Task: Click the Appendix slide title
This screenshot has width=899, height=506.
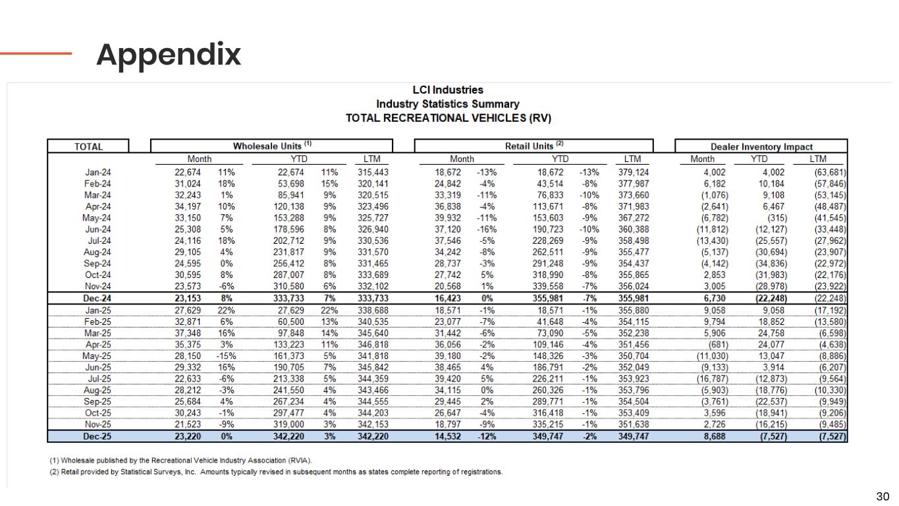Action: pos(169,55)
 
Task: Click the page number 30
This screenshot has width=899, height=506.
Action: pos(882,496)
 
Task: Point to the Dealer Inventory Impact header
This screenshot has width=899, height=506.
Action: pos(761,147)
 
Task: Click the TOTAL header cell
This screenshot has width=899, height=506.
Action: pos(89,147)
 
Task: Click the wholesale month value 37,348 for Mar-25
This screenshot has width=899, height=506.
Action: pos(178,333)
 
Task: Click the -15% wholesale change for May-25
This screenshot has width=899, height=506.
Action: pos(225,356)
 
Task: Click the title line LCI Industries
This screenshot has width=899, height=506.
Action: pos(447,90)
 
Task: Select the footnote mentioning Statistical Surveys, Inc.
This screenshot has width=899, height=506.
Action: pos(276,472)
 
